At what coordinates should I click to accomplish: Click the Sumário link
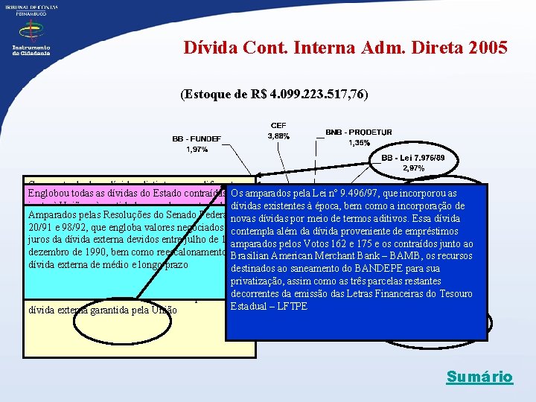[x=479, y=377]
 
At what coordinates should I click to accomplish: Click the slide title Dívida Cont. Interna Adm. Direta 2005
[x=345, y=48]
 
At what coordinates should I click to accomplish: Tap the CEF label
[x=278, y=125]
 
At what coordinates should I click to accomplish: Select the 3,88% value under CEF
[x=278, y=136]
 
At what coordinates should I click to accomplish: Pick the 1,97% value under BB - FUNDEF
[x=198, y=150]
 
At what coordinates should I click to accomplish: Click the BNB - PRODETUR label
[x=359, y=132]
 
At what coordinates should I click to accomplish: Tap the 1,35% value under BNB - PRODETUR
[x=359, y=143]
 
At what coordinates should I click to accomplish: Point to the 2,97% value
[x=413, y=168]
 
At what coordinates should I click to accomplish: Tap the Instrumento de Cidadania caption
[x=31, y=50]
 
